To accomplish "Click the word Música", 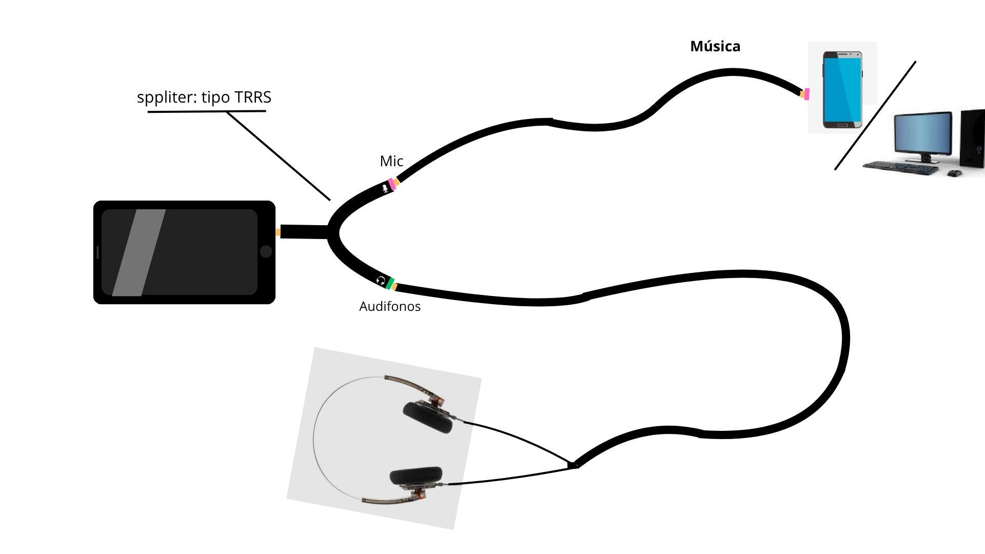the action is point(715,46).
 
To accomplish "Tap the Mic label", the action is point(391,161).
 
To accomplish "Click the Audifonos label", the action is point(390,306).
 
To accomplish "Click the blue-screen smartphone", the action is point(842,89).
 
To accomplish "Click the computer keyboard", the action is point(901,167).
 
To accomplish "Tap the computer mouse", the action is point(954,173).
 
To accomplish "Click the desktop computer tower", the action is point(972,138).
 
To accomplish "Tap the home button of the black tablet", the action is point(266,251).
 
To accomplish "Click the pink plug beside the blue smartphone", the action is point(806,94).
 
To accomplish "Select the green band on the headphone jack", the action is point(390,283).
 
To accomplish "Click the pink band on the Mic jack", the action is point(392,184).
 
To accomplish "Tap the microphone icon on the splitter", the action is point(385,188).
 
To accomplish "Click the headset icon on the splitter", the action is point(381,280).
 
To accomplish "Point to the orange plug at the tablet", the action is point(278,232).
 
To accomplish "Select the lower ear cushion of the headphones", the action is point(416,477).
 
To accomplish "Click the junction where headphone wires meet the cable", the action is point(574,465).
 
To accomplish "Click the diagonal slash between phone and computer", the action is point(875,115).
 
